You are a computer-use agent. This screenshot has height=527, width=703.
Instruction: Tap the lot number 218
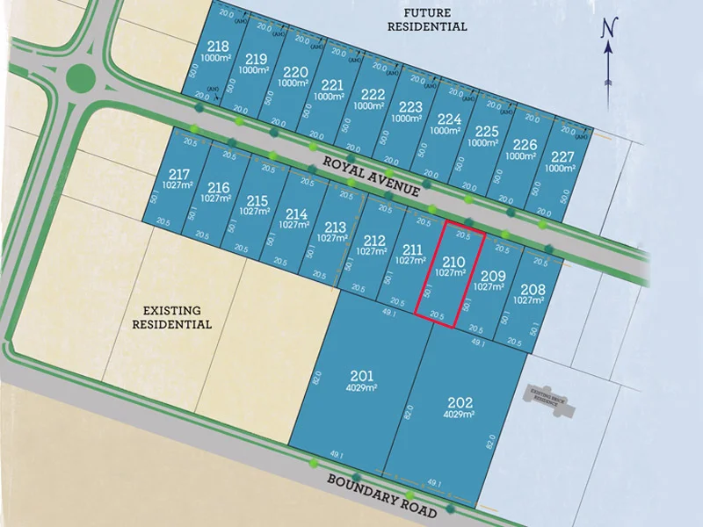coord(217,47)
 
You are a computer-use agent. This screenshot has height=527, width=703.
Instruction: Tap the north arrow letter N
coord(606,29)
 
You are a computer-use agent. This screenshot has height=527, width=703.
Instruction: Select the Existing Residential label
coord(172,317)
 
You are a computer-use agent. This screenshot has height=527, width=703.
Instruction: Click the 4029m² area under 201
coord(362,387)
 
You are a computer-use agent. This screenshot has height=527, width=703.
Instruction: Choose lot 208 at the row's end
coord(533,290)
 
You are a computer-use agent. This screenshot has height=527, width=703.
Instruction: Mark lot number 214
coord(297,213)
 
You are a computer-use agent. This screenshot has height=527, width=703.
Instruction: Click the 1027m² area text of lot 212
coord(373,251)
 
